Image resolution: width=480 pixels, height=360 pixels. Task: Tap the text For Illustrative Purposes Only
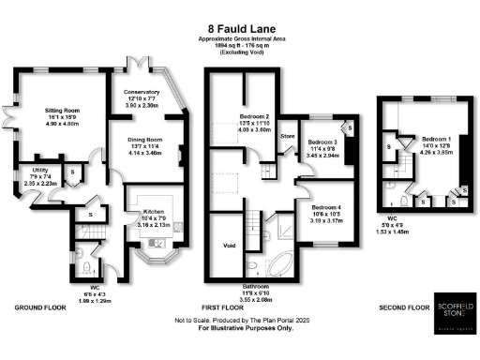(241, 328)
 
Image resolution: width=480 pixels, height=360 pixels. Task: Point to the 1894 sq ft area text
(240, 47)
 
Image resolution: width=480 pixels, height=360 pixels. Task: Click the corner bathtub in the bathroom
(283, 263)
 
